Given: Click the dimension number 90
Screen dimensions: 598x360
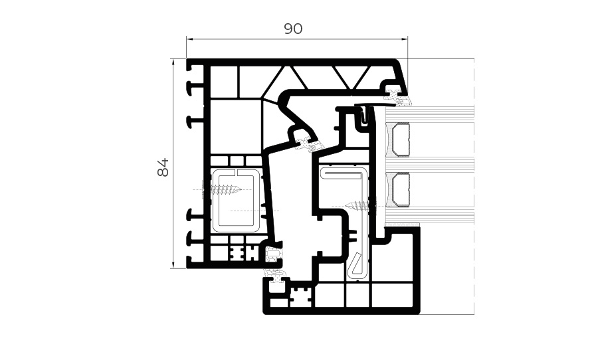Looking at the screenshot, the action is pos(293,29).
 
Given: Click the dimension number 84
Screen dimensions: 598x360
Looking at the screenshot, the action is pos(163,167).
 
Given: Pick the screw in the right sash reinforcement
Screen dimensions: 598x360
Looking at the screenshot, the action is pos(359,207).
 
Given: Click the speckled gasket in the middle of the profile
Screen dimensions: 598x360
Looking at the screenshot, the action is pos(309,143).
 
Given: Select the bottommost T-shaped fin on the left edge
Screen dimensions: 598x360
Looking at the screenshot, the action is pos(194,262).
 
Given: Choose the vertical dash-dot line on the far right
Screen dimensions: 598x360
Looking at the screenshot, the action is pos(474,187).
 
